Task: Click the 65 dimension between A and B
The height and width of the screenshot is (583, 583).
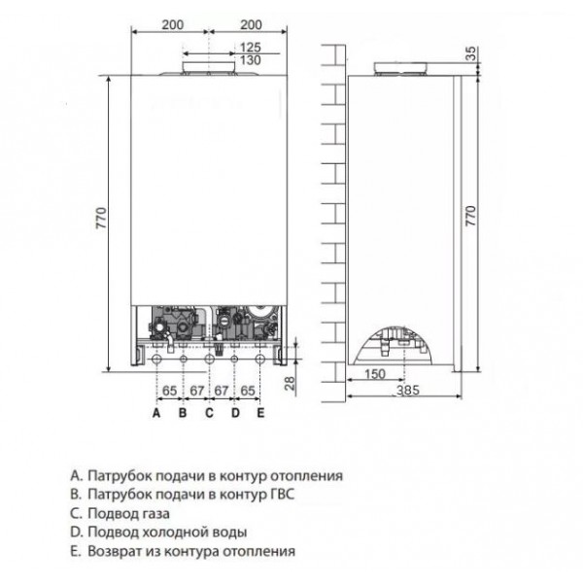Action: (169, 390)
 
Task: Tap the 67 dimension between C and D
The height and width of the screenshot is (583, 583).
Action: (222, 390)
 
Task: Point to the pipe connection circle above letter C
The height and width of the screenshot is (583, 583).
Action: (209, 359)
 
